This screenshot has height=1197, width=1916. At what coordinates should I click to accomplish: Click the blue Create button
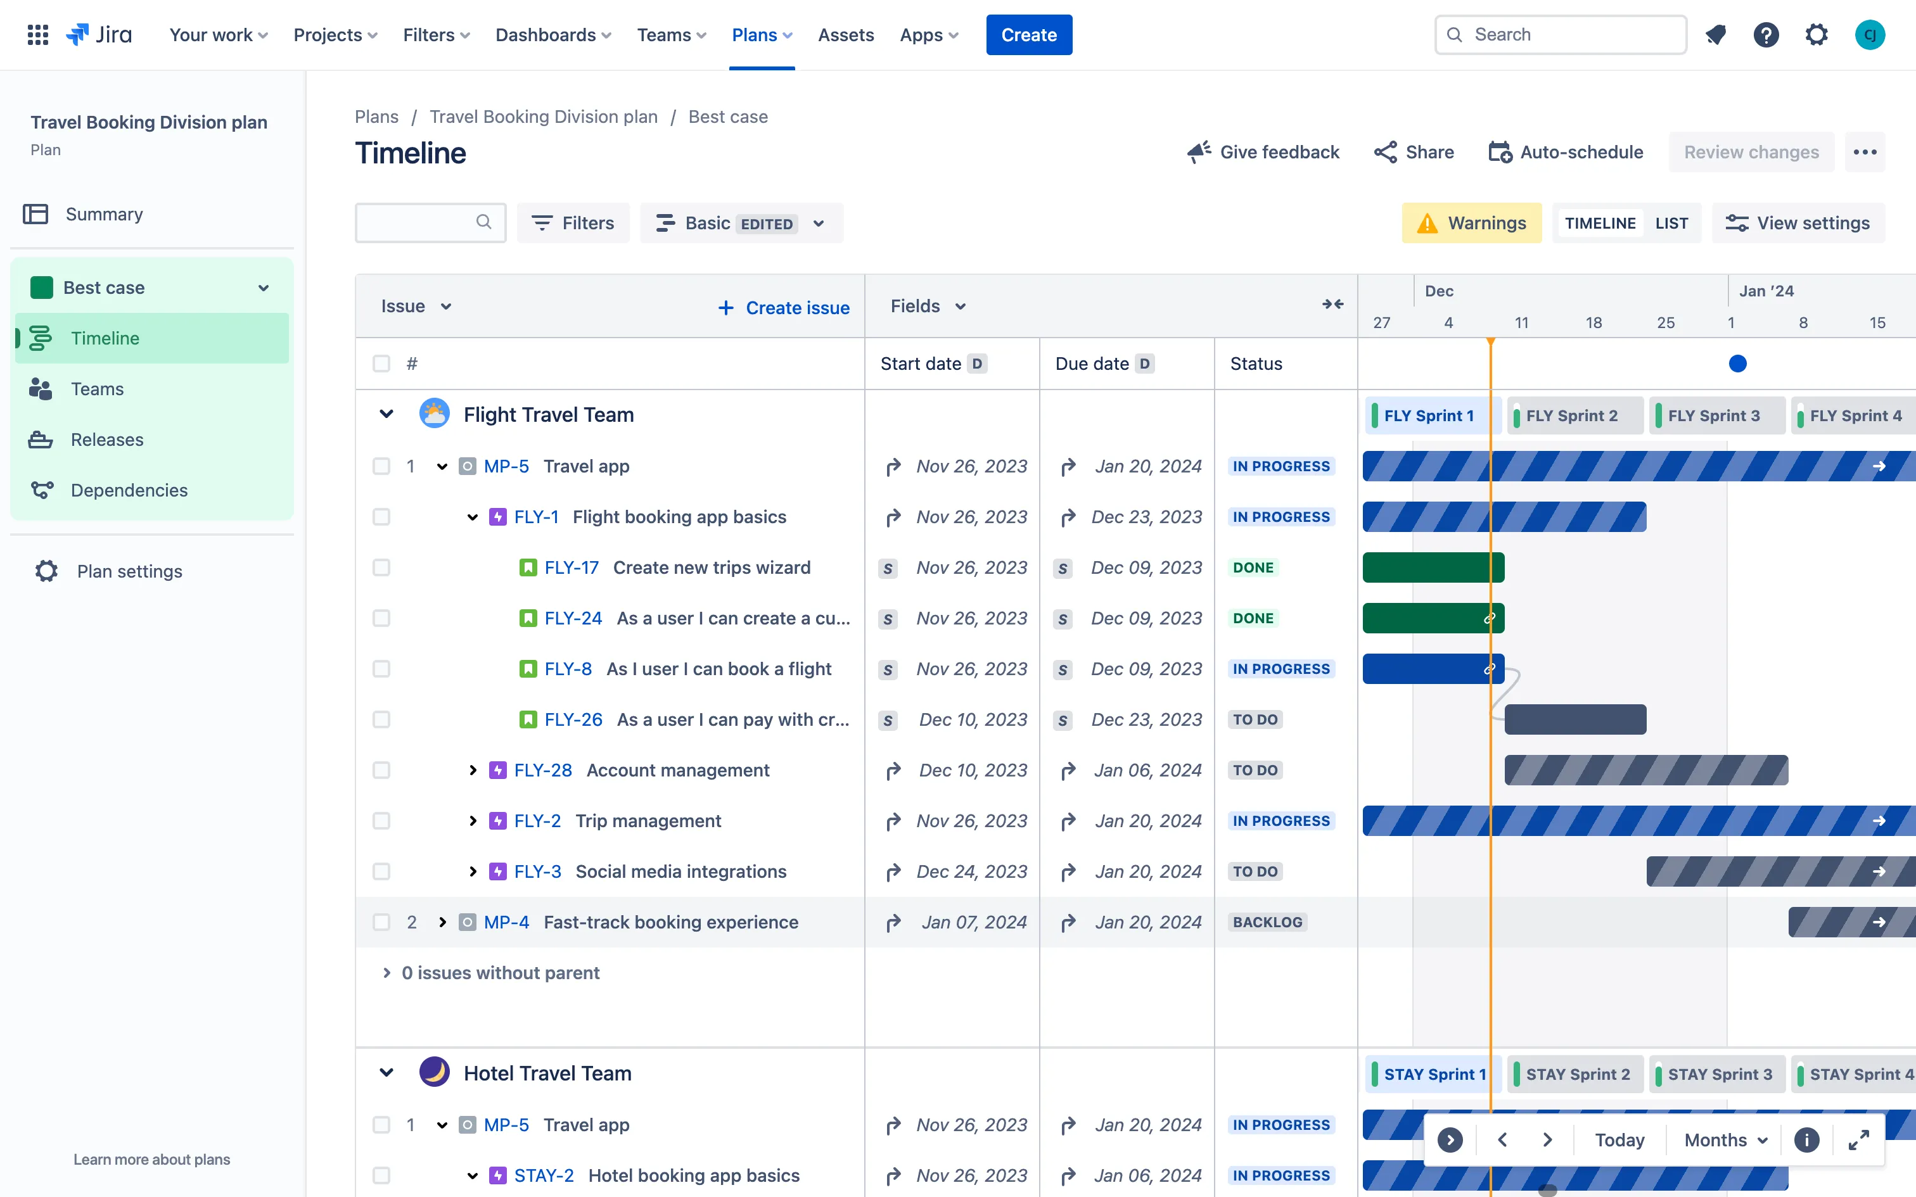click(1028, 35)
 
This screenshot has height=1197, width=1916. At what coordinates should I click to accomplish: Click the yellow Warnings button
click(1471, 223)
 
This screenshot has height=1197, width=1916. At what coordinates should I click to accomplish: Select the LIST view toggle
click(1671, 223)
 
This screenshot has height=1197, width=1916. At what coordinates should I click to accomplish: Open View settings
click(1798, 223)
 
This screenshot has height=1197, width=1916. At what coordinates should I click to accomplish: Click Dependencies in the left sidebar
click(129, 490)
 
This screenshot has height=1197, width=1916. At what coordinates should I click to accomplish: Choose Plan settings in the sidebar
click(129, 571)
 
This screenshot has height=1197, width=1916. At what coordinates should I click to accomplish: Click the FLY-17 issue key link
click(571, 567)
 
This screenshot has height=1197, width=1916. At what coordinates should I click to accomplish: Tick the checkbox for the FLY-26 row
click(381, 719)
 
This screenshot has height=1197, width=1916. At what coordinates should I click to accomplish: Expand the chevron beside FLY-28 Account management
click(473, 770)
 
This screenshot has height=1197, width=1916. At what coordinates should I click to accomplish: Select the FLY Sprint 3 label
click(1713, 415)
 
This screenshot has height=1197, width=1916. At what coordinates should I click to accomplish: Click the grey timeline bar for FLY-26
click(1574, 719)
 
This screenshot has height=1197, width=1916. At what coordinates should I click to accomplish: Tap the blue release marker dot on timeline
click(1737, 364)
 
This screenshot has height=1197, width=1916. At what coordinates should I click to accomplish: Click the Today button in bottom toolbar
click(1619, 1140)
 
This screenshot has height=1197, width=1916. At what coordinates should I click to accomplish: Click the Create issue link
click(784, 308)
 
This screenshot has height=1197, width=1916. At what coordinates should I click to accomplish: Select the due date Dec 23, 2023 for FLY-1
click(1146, 517)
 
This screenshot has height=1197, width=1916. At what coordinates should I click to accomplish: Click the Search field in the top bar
click(1560, 35)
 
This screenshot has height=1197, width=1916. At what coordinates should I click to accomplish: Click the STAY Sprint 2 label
click(1577, 1074)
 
